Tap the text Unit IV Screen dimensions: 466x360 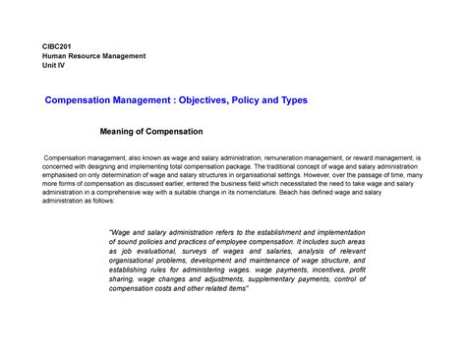[x=54, y=68]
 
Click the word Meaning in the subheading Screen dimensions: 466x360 [x=123, y=131]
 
